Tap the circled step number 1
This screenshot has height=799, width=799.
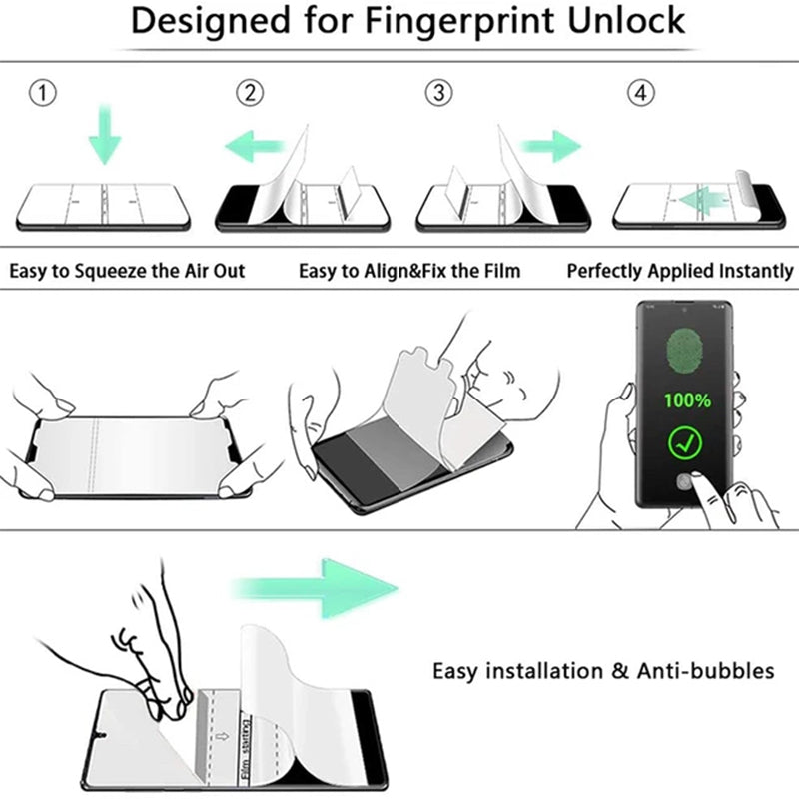(41, 94)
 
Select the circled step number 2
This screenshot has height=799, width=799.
(251, 94)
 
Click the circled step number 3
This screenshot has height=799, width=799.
(437, 94)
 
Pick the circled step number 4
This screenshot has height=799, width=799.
(640, 94)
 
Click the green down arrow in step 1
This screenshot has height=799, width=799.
(104, 137)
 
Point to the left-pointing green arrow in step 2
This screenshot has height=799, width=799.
(254, 149)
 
